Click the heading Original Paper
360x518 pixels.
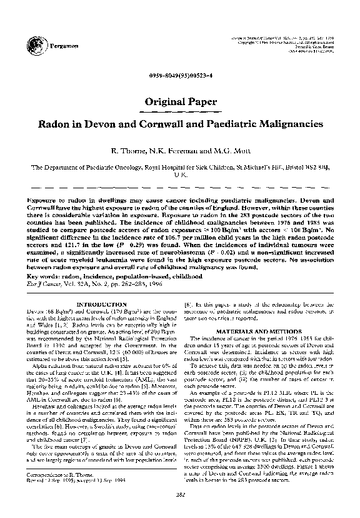[x=180, y=101]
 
